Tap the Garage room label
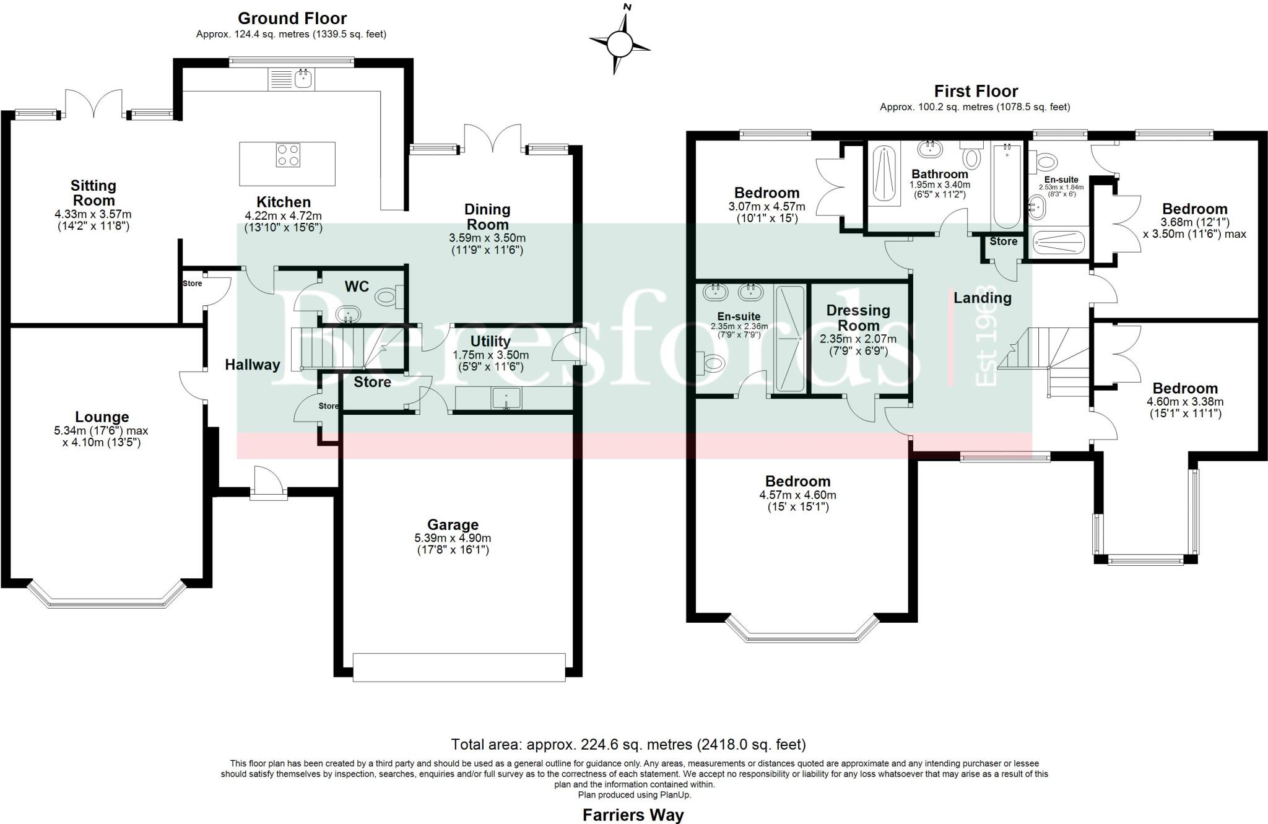coord(453,525)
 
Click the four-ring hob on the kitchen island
coord(288,155)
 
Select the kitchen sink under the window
coord(303,79)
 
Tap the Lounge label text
coord(102,417)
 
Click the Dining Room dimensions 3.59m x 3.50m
coord(487,238)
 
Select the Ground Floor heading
coord(292,19)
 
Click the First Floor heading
coord(976,92)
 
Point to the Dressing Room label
coord(858,318)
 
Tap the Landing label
coord(982,298)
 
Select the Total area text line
coord(628,744)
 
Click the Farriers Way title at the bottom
coord(633,815)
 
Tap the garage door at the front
coord(459,667)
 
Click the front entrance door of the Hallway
coord(267,484)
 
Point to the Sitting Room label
coord(93,193)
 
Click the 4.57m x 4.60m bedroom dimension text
coord(797,495)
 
